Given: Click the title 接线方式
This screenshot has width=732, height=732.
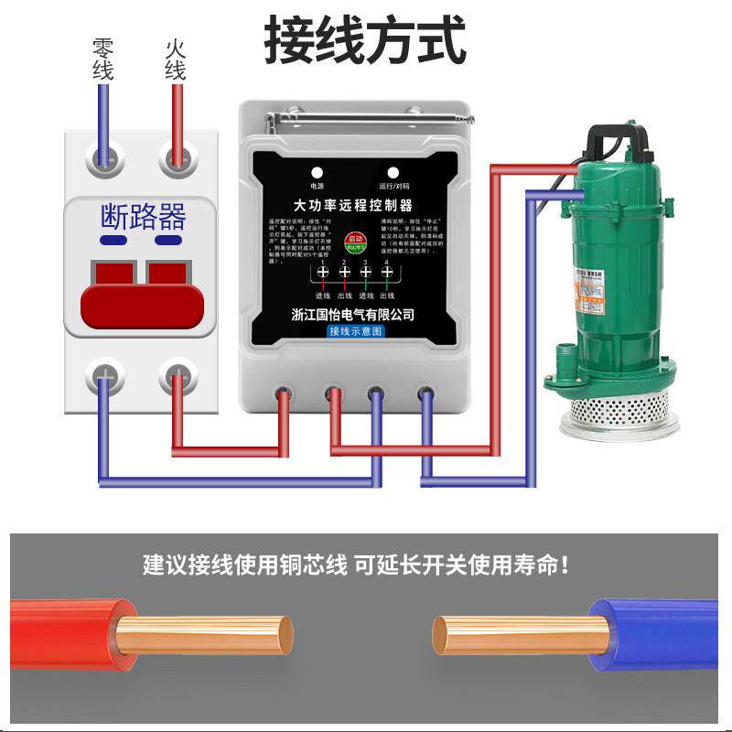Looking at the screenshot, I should pyautogui.click(x=365, y=40).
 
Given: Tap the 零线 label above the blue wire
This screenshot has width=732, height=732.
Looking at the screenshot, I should pyautogui.click(x=102, y=59).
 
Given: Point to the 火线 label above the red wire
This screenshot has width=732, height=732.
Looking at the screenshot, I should pyautogui.click(x=176, y=59).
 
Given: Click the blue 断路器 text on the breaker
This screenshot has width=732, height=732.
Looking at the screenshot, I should pyautogui.click(x=142, y=217).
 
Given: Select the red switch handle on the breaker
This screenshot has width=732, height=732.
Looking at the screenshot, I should pyautogui.click(x=141, y=297).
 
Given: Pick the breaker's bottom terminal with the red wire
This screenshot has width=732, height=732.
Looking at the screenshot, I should pyautogui.click(x=178, y=377).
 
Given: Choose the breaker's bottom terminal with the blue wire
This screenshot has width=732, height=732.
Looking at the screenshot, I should pyautogui.click(x=105, y=377).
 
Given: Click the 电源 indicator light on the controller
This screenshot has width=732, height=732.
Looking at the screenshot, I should pyautogui.click(x=317, y=172).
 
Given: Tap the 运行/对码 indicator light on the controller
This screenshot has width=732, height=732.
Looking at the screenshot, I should pyautogui.click(x=393, y=172).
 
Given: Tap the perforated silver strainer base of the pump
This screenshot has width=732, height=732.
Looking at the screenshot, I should pyautogui.click(x=625, y=412).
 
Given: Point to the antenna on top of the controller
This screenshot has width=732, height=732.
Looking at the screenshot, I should pyautogui.click(x=366, y=118).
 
